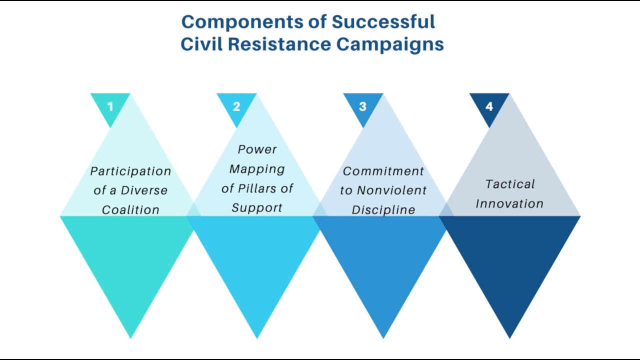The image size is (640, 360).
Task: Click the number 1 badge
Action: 110,106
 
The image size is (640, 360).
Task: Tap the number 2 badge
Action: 236,106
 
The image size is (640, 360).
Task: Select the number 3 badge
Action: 363,106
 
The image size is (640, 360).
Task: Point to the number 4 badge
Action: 489,106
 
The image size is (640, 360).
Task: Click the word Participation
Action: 130,171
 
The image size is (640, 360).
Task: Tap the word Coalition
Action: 130,210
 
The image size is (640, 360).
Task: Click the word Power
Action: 257,149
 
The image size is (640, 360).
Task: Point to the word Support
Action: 257,207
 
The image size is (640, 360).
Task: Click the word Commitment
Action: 383,171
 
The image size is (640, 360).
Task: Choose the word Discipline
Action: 383,210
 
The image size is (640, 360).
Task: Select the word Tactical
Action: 509,184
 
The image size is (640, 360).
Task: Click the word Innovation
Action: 509,203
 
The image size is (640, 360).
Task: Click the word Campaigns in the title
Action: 390,44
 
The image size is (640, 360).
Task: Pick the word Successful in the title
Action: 383,22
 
